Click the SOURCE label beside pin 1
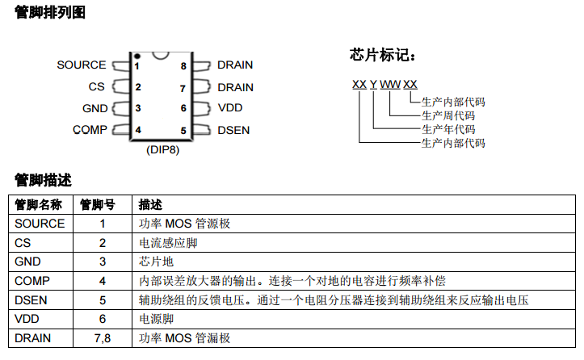81,65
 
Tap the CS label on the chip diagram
96,87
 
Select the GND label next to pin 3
94,108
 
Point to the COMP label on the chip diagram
89,129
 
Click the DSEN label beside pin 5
233,130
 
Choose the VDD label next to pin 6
229,108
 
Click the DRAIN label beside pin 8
235,65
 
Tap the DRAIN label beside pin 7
235,87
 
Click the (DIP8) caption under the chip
162,150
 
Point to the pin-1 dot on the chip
137,57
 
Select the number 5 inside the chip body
183,130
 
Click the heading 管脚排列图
50,14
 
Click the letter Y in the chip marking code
373,84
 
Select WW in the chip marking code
389,84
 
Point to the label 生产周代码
448,115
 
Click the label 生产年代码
448,129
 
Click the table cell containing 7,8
103,338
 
